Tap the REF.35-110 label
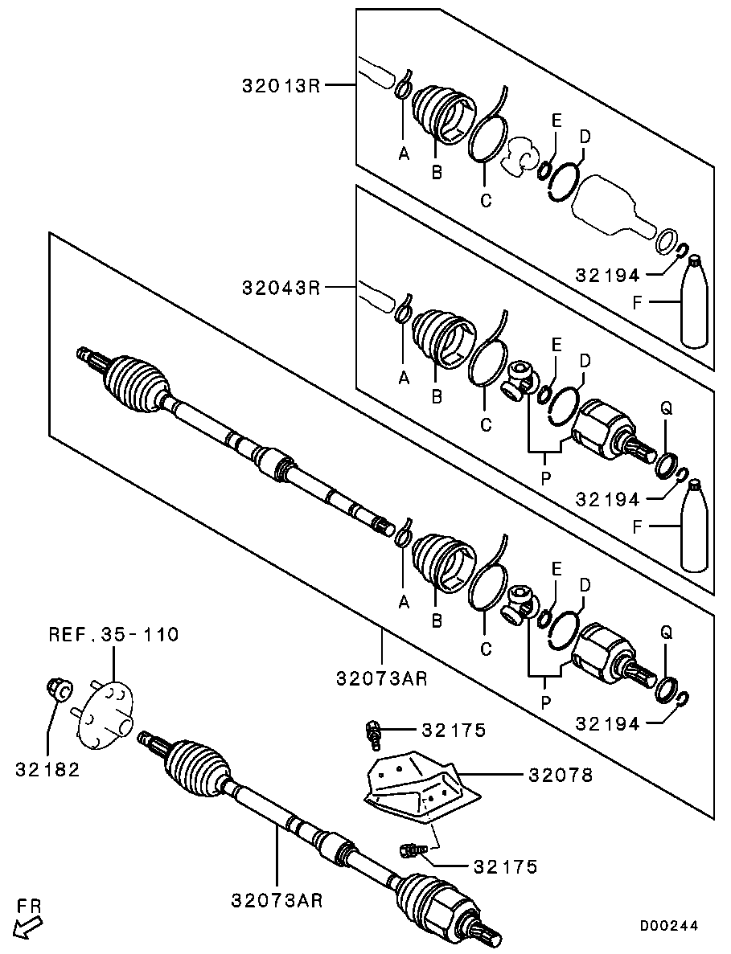point(113,635)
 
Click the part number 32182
point(47,769)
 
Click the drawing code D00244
point(669,925)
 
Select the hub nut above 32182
point(58,690)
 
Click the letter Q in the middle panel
point(665,408)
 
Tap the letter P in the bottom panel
point(546,702)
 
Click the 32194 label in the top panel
point(607,275)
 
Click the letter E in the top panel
point(555,120)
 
